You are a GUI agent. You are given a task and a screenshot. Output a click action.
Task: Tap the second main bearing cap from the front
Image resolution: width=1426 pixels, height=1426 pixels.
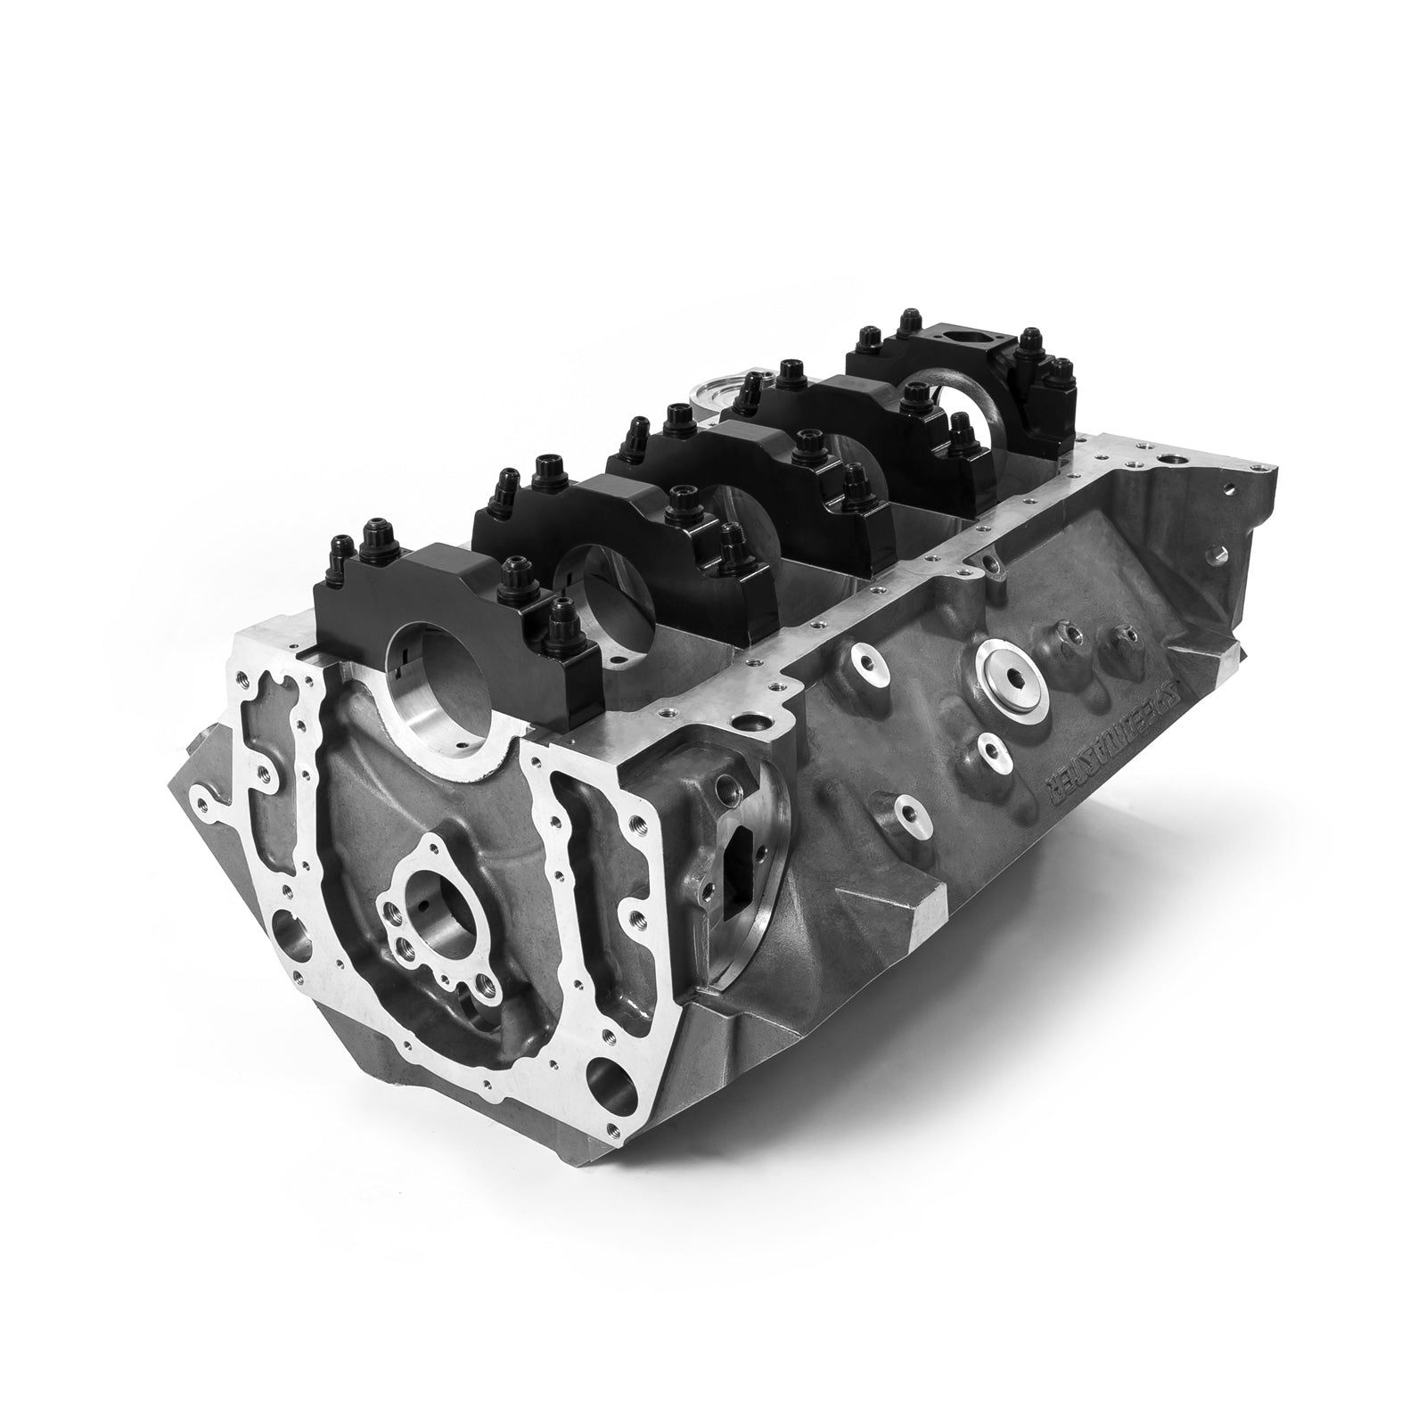click(588, 526)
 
